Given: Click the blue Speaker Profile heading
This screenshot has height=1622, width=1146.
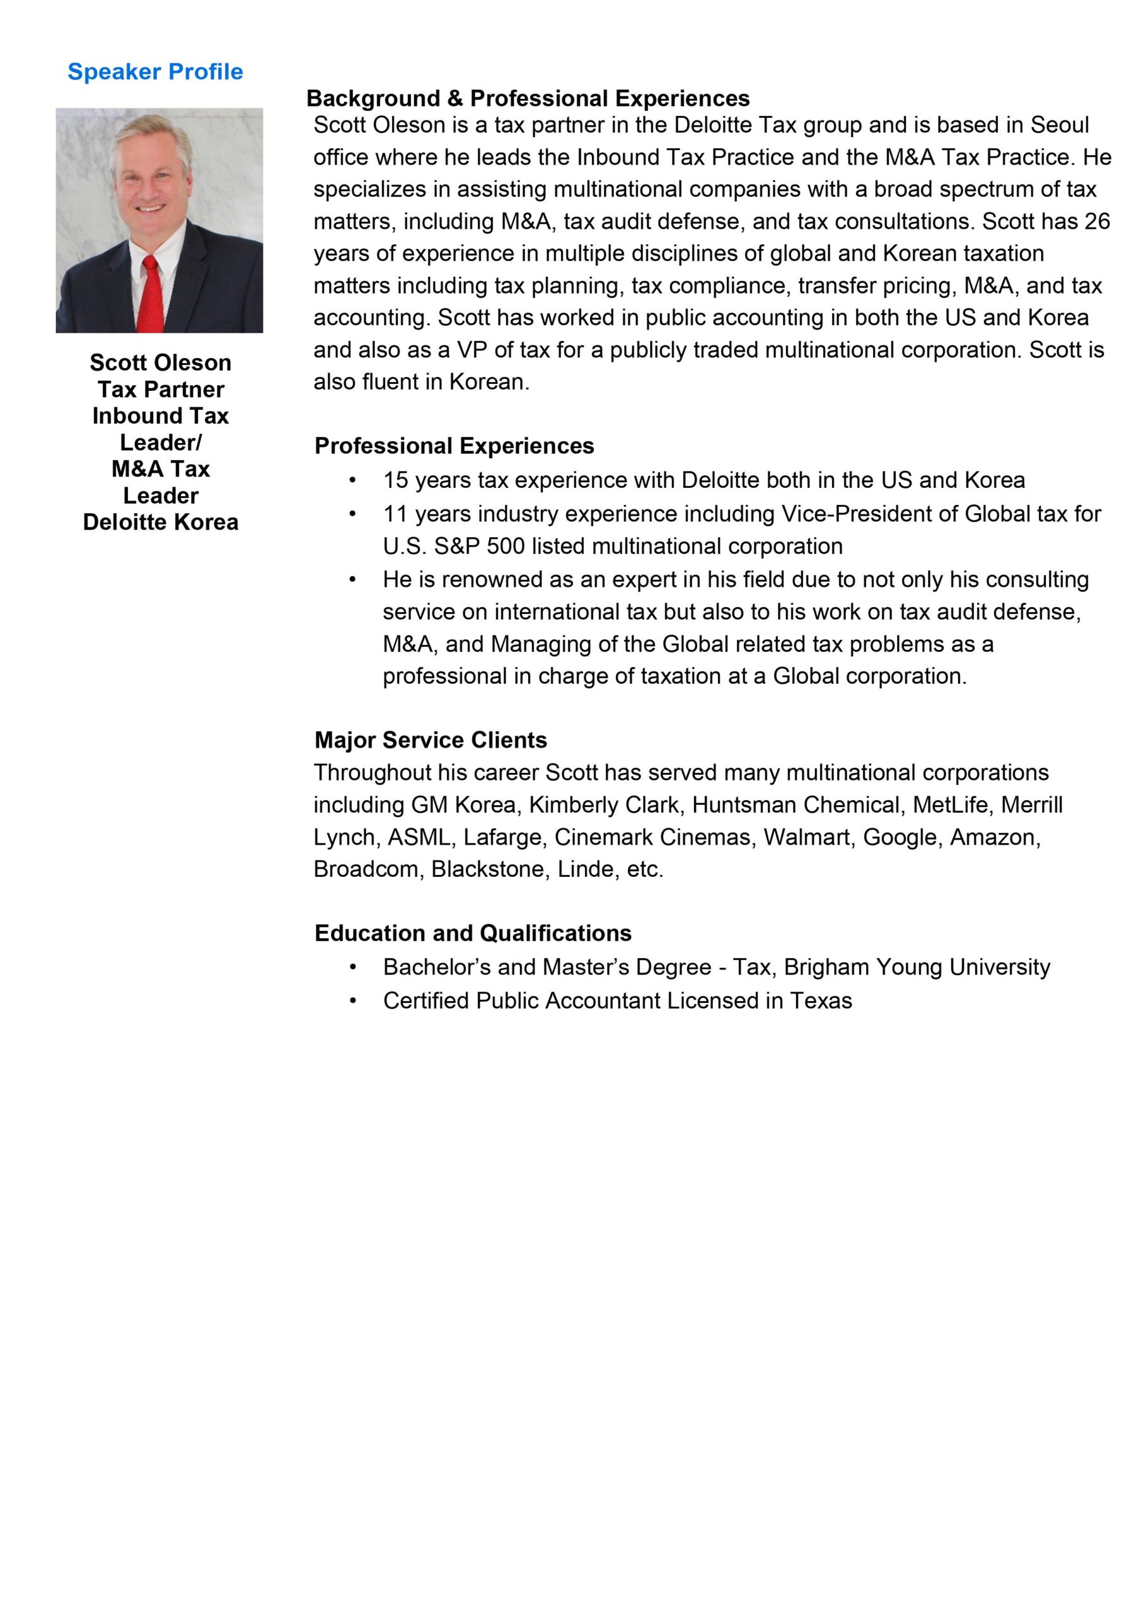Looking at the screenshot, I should pyautogui.click(x=155, y=72).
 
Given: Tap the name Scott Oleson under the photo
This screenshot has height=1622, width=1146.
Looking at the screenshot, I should pyautogui.click(x=160, y=362).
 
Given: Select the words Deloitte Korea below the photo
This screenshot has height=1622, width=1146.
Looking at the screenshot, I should pyautogui.click(x=160, y=522).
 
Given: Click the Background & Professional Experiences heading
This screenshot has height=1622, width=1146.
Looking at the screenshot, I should pyautogui.click(x=528, y=98).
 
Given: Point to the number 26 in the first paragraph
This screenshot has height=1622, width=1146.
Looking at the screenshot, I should pyautogui.click(x=1097, y=221).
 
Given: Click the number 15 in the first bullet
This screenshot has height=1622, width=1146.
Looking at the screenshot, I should pyautogui.click(x=396, y=480).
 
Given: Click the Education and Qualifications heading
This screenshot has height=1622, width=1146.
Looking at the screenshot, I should pyautogui.click(x=473, y=933).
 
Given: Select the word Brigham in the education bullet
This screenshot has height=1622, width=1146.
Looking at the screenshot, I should pyautogui.click(x=826, y=966).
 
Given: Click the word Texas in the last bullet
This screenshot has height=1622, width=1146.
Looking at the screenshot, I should pyautogui.click(x=821, y=1000).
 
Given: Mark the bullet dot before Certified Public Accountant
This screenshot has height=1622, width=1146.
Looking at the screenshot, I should pyautogui.click(x=352, y=1000).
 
